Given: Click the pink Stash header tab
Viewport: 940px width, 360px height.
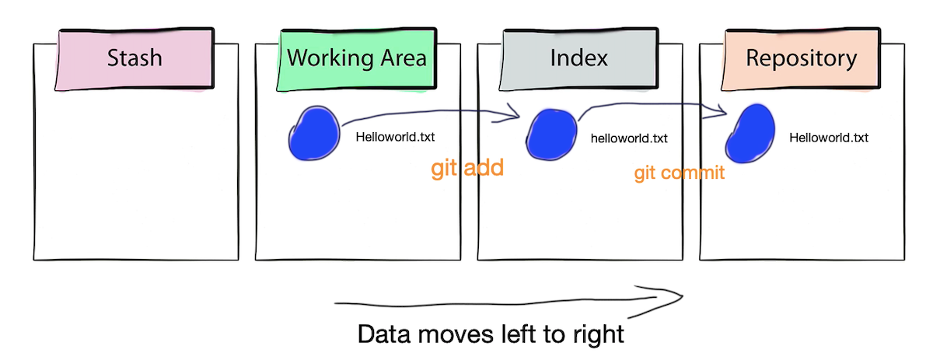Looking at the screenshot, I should point(135,58).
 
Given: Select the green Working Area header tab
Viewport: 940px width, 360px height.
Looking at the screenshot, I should point(357,58).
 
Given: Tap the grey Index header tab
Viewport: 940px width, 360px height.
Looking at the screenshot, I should point(578,58).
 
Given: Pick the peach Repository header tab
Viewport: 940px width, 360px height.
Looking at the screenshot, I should point(801,58).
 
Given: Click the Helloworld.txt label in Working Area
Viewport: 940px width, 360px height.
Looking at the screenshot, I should point(395,138).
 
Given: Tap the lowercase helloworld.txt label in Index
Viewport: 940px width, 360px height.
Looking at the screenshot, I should point(629,138).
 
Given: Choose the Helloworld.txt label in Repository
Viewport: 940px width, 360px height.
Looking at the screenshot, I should point(828,138).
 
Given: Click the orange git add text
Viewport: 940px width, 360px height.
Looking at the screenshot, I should point(467,168).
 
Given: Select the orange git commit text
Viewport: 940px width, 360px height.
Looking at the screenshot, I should point(679,173).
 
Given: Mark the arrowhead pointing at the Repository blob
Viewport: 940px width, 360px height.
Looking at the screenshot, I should point(722,111).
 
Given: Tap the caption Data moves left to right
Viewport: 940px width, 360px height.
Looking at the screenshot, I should point(491,334).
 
